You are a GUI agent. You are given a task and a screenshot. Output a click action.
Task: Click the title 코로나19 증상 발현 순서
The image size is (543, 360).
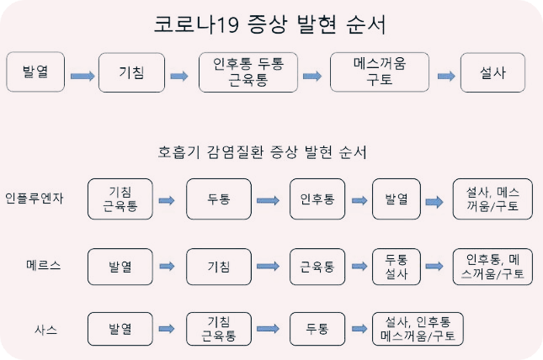tap(270, 24)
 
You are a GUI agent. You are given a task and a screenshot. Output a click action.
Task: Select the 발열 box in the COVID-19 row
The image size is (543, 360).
tap(35, 72)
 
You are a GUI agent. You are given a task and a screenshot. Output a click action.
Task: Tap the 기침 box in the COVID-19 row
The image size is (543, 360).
tap(131, 73)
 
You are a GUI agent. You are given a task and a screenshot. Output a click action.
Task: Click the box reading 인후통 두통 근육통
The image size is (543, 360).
tap(248, 73)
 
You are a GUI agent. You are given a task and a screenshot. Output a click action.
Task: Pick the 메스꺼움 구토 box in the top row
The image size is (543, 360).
tap(379, 73)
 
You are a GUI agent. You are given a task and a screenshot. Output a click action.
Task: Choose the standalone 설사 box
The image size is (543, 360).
tap(492, 73)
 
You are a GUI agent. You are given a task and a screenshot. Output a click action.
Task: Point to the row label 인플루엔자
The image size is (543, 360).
tap(35, 199)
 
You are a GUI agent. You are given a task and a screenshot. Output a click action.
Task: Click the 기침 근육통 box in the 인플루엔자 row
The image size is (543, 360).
tap(120, 199)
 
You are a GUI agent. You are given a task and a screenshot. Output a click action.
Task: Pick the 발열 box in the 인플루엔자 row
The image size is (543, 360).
tap(396, 199)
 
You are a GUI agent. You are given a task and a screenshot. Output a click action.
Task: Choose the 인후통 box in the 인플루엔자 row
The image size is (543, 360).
tap(317, 199)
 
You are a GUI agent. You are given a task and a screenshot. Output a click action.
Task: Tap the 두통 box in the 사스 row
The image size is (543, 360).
tap(317, 329)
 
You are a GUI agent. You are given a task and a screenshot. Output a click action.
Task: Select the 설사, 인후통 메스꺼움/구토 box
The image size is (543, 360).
tap(418, 329)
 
